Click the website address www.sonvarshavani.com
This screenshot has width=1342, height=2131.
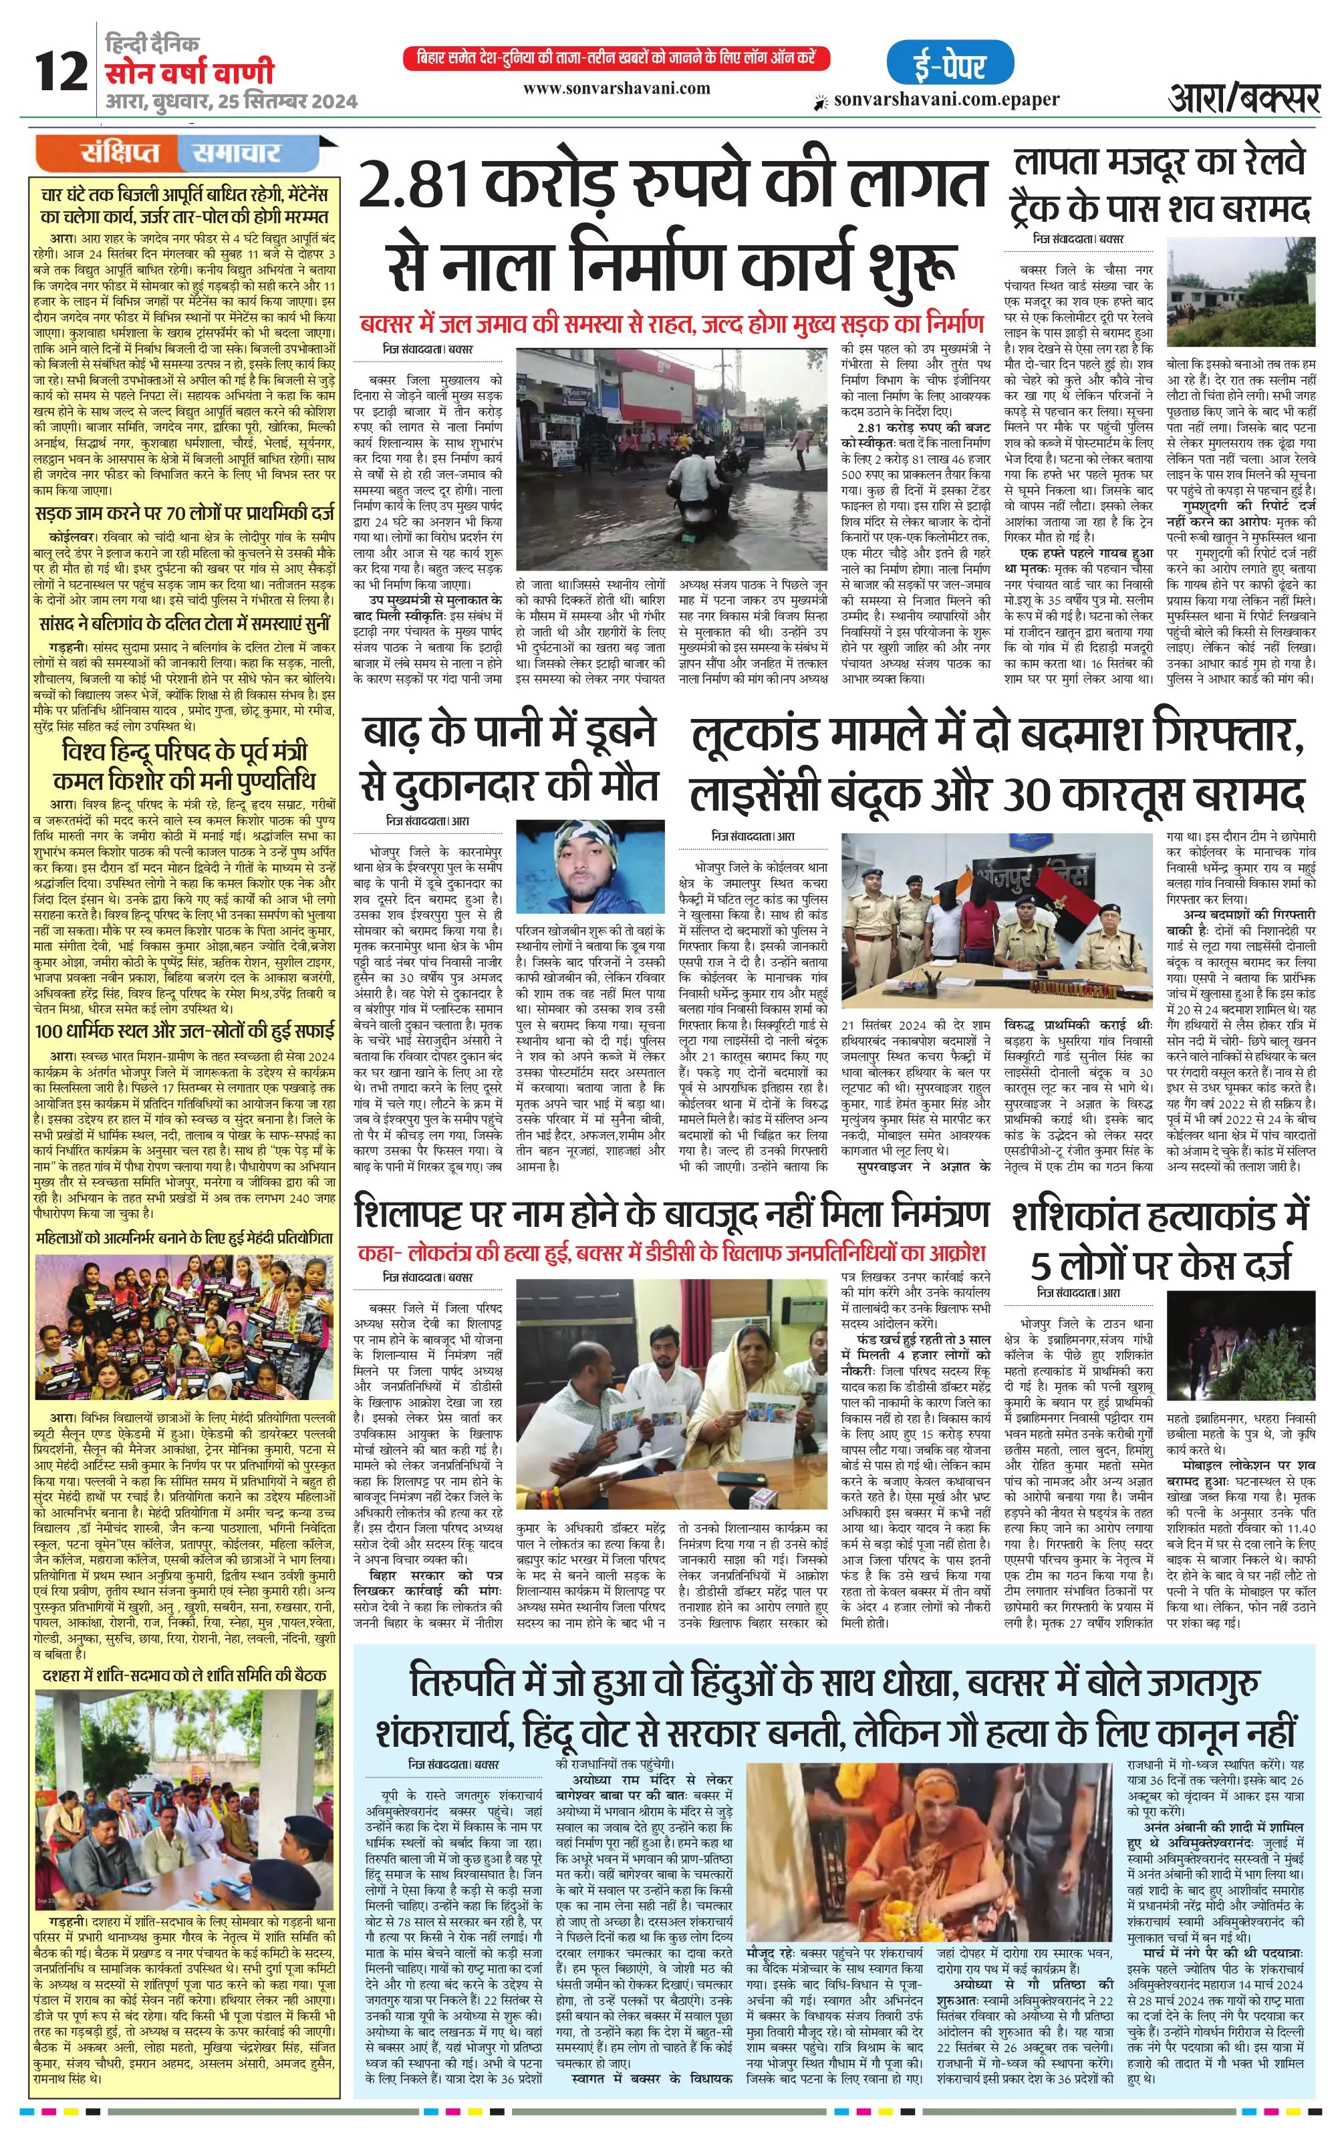click(616, 88)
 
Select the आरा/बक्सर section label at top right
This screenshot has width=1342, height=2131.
click(1244, 96)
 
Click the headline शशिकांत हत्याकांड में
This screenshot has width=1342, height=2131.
click(1160, 1216)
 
